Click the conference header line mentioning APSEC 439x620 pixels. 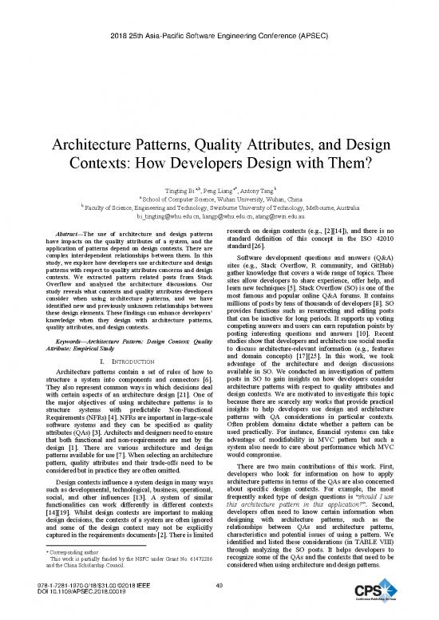pyautogui.click(x=219, y=16)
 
